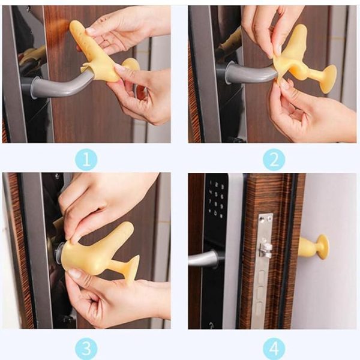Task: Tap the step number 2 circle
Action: [x=274, y=160]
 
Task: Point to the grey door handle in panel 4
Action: [x=204, y=259]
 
